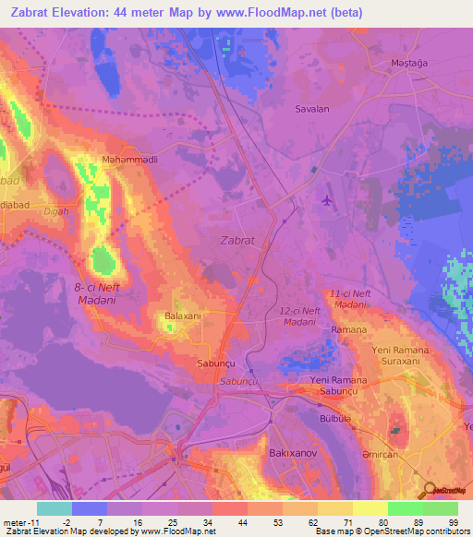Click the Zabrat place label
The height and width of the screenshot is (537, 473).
(238, 240)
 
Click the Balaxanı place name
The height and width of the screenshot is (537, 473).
(182, 316)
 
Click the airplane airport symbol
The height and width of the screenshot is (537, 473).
(325, 198)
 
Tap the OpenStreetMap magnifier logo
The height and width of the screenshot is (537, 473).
(429, 491)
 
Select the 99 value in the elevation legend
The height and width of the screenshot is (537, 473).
(454, 522)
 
